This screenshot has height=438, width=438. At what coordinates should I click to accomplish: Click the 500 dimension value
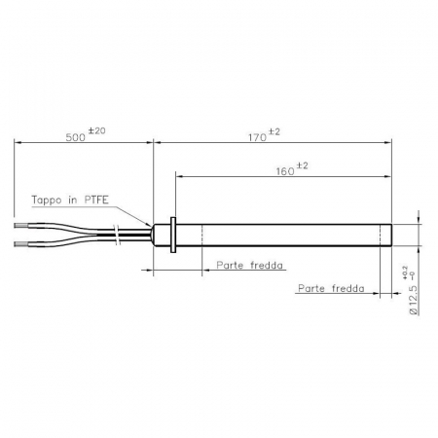click(75, 137)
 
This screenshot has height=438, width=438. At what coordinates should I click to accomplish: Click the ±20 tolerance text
click(96, 130)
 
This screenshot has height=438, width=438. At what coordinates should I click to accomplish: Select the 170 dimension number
click(257, 137)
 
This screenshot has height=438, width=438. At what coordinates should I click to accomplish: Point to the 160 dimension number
click(285, 171)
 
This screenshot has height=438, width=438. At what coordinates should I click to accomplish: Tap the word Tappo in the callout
click(47, 200)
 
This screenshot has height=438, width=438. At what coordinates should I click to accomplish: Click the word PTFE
click(96, 200)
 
